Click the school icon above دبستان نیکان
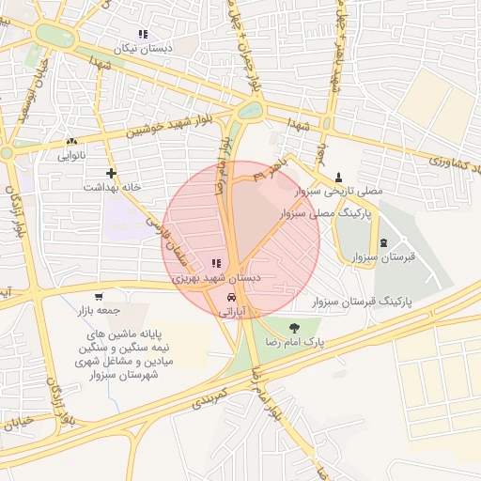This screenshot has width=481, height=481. pos(142,34)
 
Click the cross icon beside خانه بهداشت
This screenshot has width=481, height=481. pos(112,173)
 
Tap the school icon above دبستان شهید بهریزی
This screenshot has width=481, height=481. pos(217,265)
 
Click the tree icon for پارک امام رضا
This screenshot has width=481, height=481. pos(296,328)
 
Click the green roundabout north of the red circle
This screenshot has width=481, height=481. pos(250,110)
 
